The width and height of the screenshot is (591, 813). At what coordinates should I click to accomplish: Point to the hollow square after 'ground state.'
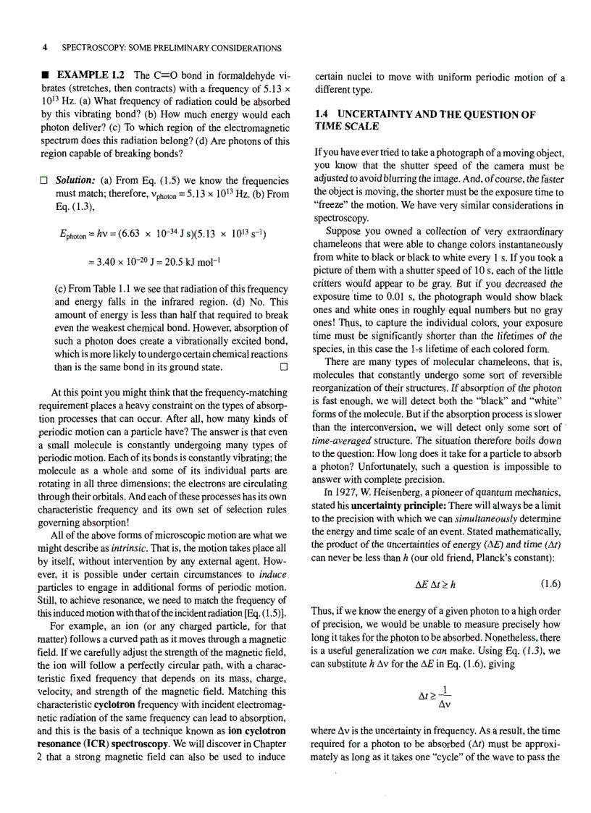coord(285,367)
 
